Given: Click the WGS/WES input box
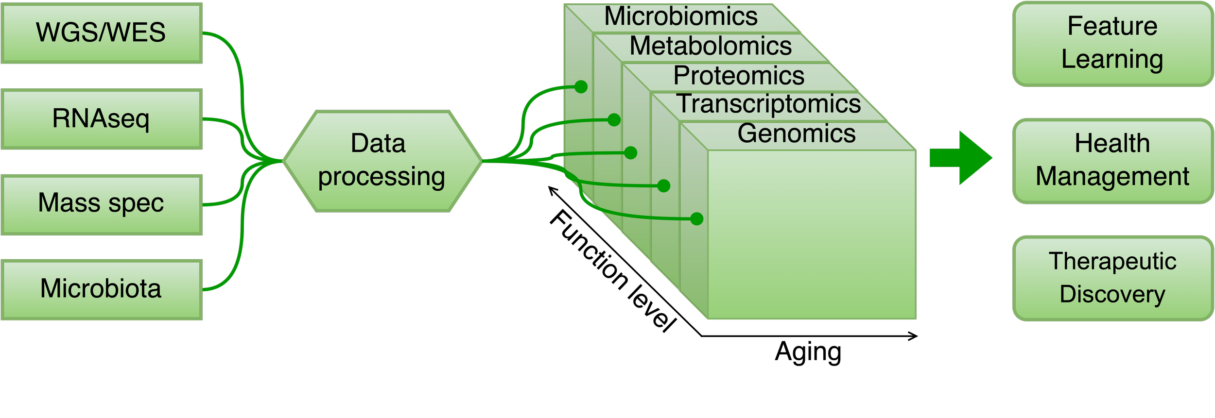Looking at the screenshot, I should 101,33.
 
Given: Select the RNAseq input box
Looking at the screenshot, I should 101,119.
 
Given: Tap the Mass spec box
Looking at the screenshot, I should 101,204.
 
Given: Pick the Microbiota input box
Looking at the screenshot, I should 101,289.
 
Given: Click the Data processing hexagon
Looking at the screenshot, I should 382,161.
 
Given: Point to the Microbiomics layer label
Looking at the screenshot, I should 680,17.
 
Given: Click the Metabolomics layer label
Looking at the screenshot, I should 711,46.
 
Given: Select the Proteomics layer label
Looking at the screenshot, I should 739,76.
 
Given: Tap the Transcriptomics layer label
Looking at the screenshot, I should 769,104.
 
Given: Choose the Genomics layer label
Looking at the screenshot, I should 797,134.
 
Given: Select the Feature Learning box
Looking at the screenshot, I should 1112,44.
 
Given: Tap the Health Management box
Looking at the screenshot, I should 1112,161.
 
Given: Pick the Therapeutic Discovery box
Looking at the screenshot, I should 1112,278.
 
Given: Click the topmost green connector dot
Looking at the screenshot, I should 581,87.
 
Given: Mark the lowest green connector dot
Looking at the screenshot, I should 696,219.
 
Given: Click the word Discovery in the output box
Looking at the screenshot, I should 1112,295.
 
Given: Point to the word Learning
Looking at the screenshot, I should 1112,60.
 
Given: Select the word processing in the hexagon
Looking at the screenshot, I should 382,177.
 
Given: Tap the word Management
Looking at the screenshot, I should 1112,177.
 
